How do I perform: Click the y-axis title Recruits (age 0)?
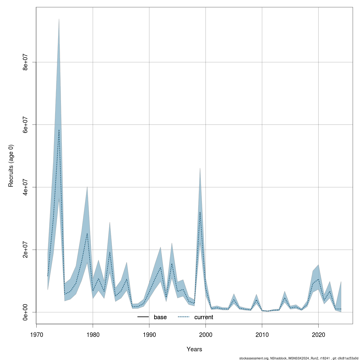[11, 166]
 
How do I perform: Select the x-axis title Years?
[194, 349]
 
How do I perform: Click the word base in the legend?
[160, 317]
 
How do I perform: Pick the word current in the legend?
[204, 317]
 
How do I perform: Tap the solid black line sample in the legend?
[143, 317]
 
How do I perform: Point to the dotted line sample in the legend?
[184, 317]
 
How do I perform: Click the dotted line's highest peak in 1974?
[59, 130]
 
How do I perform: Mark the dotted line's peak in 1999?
[200, 212]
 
